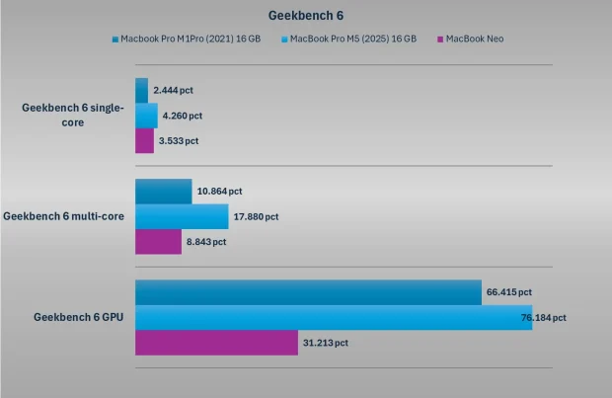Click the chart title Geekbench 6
305,16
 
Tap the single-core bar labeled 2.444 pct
141,90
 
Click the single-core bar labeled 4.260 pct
146,116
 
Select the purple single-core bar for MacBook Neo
144,141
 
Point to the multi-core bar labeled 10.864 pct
163,191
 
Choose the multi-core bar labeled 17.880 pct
181,216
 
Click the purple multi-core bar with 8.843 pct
158,242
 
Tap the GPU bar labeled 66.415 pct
308,292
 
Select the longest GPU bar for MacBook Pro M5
334,318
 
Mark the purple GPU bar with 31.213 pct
216,343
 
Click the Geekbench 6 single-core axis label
73,116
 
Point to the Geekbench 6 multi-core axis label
64,216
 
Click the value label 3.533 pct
179,141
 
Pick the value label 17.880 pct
256,216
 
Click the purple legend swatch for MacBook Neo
440,40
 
